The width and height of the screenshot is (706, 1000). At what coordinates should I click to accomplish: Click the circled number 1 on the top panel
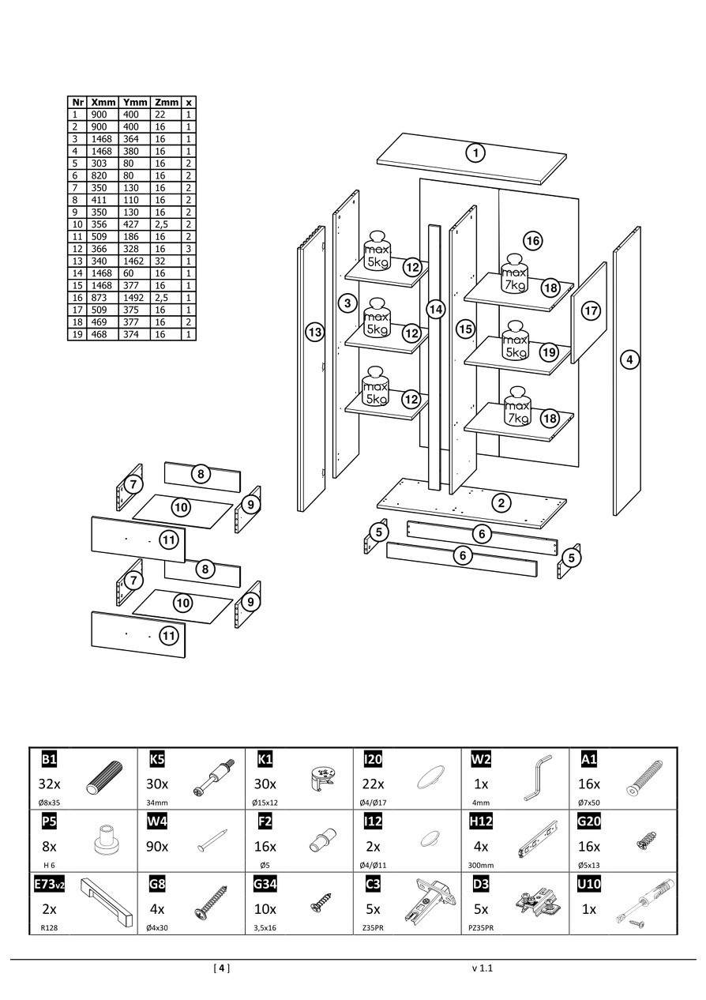tap(475, 152)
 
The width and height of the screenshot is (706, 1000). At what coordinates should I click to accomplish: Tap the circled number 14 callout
tap(436, 309)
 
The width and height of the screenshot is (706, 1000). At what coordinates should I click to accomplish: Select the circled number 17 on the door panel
tap(591, 311)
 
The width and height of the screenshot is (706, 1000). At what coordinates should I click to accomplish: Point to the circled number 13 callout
tap(315, 333)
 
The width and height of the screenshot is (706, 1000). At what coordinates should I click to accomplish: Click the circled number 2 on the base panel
tap(500, 502)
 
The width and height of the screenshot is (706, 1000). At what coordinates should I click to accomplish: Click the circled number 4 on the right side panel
tap(629, 360)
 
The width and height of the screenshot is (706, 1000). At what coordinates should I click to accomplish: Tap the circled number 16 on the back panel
tap(533, 241)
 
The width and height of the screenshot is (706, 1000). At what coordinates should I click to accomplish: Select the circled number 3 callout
tap(347, 303)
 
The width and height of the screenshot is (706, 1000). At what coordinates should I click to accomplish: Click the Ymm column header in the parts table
tap(135, 102)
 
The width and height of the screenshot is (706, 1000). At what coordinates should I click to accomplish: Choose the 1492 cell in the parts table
tap(135, 298)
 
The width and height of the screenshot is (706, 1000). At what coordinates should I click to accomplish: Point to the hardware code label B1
tap(49, 759)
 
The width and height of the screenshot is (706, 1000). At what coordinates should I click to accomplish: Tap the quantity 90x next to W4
tap(157, 847)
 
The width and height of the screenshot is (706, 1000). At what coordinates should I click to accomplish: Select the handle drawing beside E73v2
tap(102, 900)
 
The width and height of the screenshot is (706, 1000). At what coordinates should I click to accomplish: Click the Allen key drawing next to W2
tap(536, 777)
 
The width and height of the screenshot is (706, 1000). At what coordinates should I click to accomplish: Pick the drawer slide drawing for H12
tap(538, 840)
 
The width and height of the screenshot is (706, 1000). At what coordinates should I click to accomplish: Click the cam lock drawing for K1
tap(325, 778)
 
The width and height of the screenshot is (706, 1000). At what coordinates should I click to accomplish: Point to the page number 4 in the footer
tap(222, 968)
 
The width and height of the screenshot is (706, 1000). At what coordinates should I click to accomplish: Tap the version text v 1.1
tap(482, 968)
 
